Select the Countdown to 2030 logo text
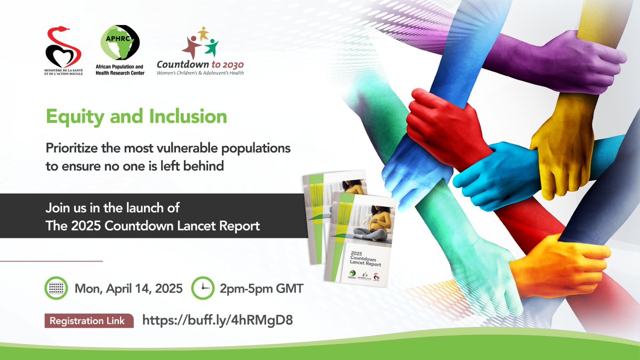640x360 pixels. (x=200, y=64)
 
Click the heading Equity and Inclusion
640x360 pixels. (x=136, y=116)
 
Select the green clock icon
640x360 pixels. (x=203, y=289)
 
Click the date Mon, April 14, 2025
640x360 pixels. (x=129, y=289)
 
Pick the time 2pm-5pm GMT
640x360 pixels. (x=261, y=289)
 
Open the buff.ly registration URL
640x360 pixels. (x=217, y=321)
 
